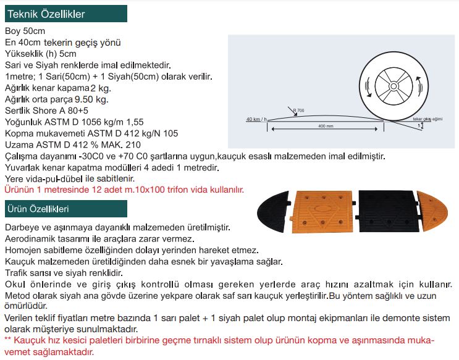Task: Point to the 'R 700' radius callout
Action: (298, 111)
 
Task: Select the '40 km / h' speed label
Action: (256, 119)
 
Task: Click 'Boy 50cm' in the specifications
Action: (25, 31)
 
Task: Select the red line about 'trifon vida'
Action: (124, 189)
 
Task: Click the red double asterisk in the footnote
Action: (7, 340)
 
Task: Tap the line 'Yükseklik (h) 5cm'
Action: (41, 54)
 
